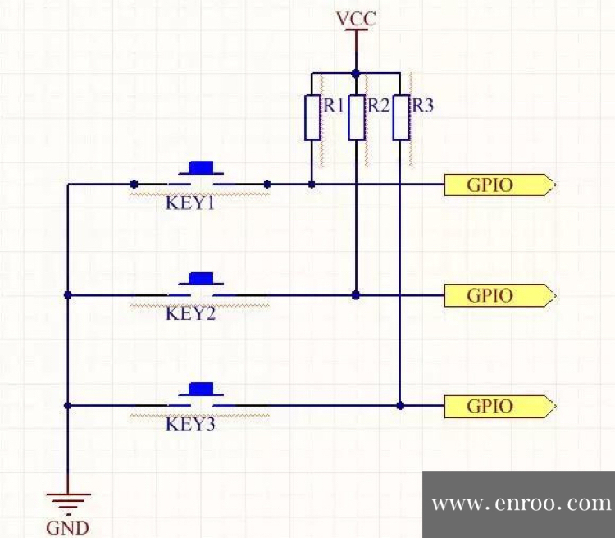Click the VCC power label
click(356, 18)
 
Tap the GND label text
click(68, 527)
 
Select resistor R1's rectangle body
click(312, 117)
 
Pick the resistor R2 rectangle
click(356, 117)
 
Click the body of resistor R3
click(400, 117)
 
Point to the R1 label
click(333, 106)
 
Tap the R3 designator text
click(422, 106)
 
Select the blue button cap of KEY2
click(201, 278)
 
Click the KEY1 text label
click(190, 203)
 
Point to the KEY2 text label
click(190, 312)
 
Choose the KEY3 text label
click(190, 424)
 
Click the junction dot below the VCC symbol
click(356, 72)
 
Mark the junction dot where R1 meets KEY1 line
click(312, 185)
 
